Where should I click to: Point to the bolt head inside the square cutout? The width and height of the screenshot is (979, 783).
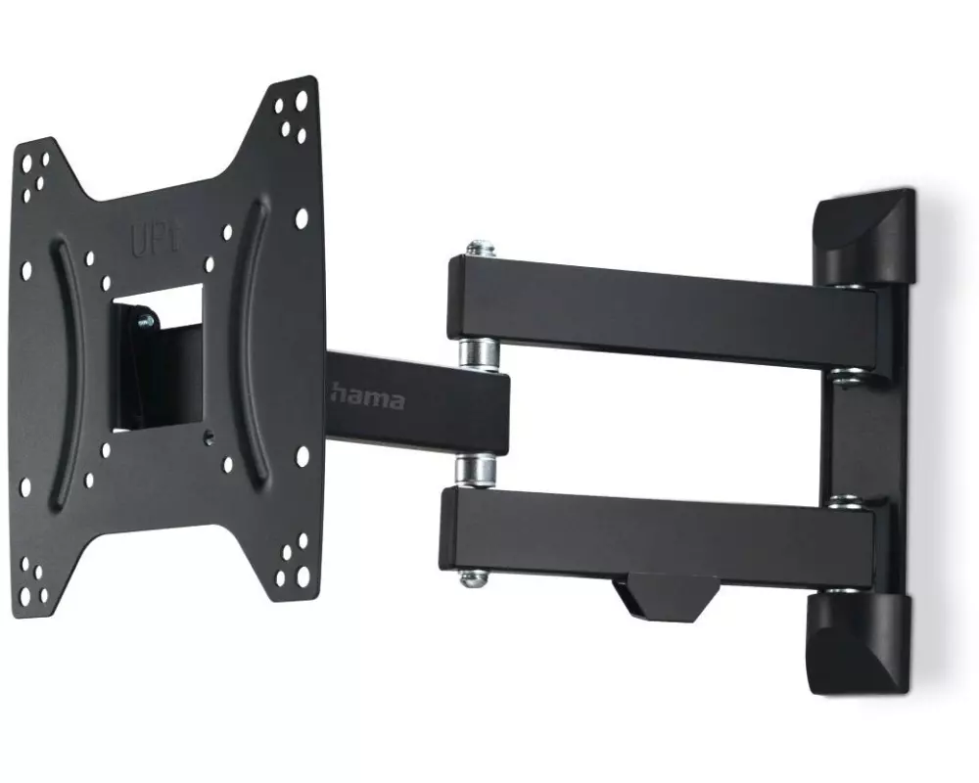tap(146, 321)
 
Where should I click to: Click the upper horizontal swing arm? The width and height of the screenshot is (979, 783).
tap(662, 310)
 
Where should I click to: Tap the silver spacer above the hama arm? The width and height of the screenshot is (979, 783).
tap(479, 354)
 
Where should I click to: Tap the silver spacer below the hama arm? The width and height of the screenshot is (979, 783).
tap(476, 471)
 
